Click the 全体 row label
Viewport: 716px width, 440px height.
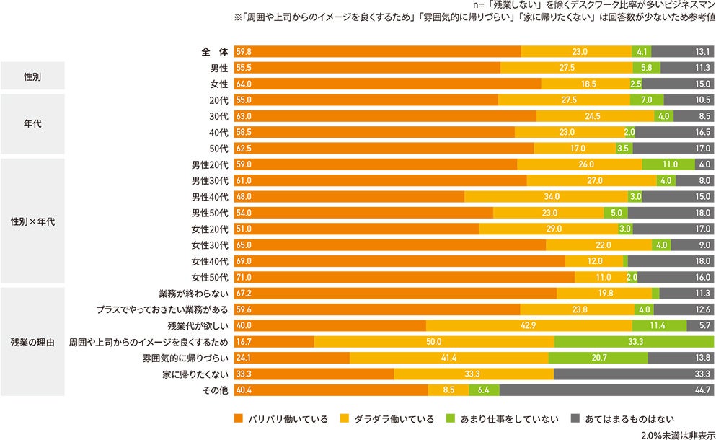(x=214, y=52)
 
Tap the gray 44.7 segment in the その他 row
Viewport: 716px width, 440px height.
(x=606, y=390)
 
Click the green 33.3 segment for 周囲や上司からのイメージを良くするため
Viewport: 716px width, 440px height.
(x=634, y=341)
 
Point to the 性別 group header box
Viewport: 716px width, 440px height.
(x=32, y=76)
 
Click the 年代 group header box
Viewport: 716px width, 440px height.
(x=32, y=124)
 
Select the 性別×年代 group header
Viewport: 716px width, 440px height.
(x=32, y=221)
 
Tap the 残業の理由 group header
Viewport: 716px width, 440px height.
(x=32, y=342)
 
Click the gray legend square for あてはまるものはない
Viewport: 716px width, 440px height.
(x=575, y=418)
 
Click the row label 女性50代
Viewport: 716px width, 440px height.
(x=209, y=277)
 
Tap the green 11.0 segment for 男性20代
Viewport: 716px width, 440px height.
(x=668, y=164)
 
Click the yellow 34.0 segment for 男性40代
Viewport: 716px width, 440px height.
(x=546, y=197)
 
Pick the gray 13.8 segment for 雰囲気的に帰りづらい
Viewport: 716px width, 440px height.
(x=681, y=358)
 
